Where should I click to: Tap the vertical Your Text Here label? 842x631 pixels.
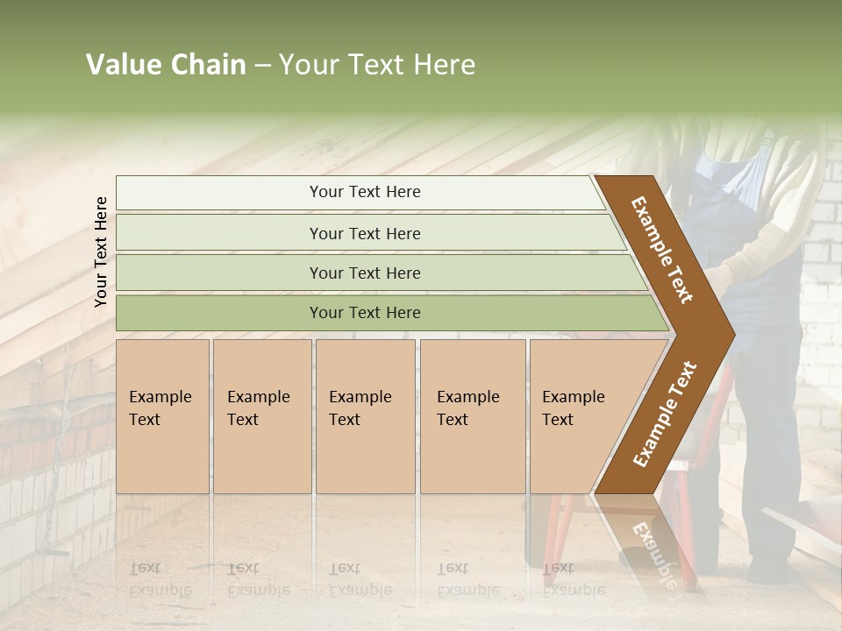coord(101,252)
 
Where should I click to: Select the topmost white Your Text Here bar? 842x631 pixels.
coord(364,192)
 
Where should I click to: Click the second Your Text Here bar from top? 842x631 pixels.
coord(364,233)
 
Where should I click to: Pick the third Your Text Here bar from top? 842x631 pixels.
coord(364,273)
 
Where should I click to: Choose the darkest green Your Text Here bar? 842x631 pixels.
coord(364,313)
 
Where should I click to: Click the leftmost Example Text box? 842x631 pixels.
coord(162,416)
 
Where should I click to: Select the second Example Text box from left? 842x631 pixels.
coord(261,416)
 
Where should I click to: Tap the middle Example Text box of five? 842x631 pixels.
coord(364,416)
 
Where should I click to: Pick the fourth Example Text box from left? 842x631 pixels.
coord(472,416)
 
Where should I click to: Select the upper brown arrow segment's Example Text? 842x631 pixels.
coord(662,250)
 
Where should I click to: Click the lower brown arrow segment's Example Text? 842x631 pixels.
coord(665,414)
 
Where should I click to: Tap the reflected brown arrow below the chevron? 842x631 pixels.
coord(649,548)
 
